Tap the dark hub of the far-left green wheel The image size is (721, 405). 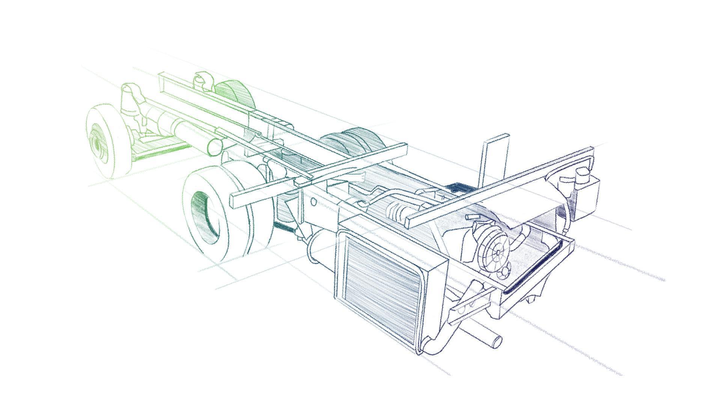[x=98, y=144]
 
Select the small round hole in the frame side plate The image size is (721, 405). [x=314, y=202]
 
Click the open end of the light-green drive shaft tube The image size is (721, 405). [x=214, y=148]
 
